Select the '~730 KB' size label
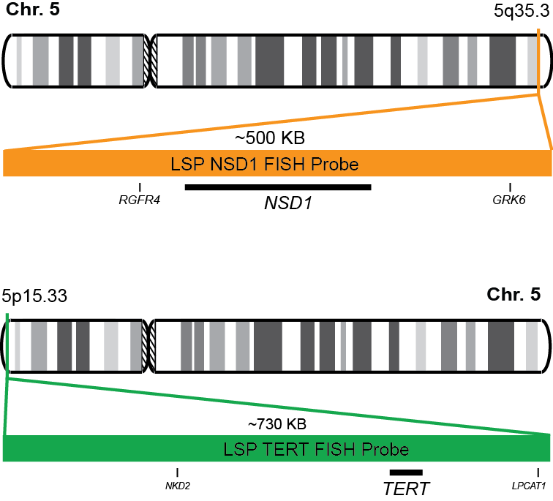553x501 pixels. [276, 423]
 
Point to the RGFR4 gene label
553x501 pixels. [139, 200]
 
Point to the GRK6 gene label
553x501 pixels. [510, 200]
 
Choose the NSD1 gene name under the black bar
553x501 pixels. [288, 203]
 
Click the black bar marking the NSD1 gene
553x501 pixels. [278, 187]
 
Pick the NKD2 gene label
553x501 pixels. [178, 484]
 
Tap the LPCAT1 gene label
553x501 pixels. [538, 484]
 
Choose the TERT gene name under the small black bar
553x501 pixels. [406, 487]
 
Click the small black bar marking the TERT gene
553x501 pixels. [406, 472]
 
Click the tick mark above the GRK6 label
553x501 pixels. [510, 187]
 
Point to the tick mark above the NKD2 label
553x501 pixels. [178, 472]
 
